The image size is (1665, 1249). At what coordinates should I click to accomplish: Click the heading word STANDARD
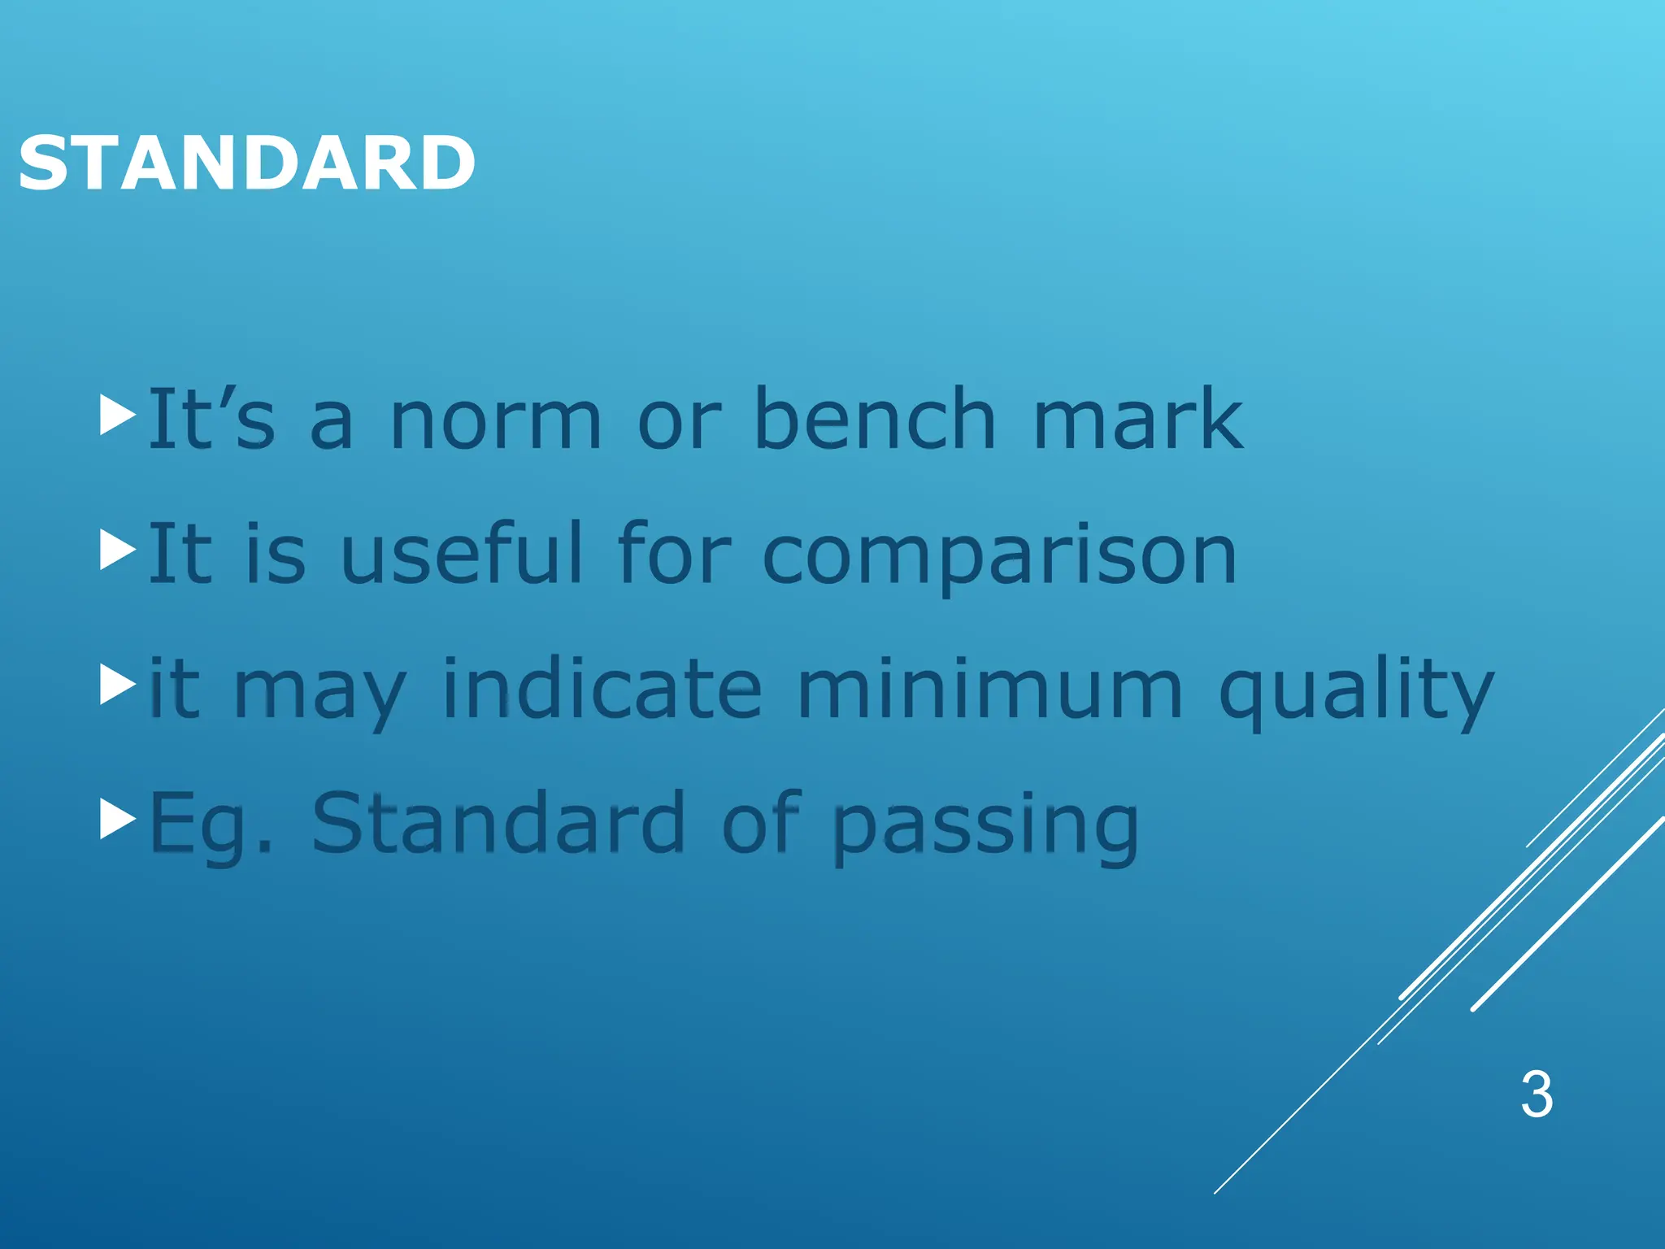point(246,163)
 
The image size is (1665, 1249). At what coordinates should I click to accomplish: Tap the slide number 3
point(1537,1095)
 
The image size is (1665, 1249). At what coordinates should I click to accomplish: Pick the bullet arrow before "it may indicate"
point(117,685)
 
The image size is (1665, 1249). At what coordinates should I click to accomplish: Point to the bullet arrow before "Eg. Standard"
point(117,820)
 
